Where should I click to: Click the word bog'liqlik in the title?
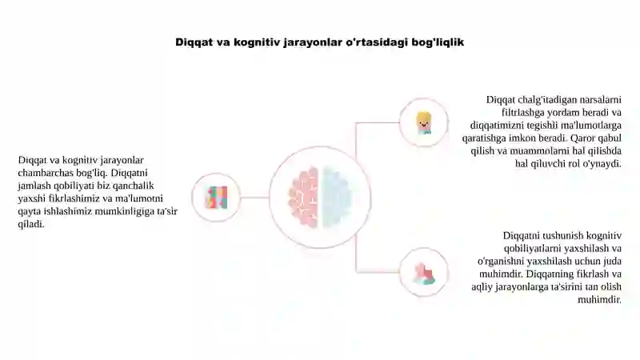pyautogui.click(x=438, y=42)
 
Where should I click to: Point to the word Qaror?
pyautogui.click(x=583, y=138)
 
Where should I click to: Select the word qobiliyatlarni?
pyautogui.click(x=532, y=249)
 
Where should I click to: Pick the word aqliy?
pyautogui.click(x=482, y=287)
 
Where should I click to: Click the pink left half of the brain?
pyautogui.click(x=303, y=197)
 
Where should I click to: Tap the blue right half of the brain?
pyautogui.click(x=337, y=197)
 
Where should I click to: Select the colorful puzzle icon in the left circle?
pyautogui.click(x=216, y=198)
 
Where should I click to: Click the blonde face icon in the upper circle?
pyautogui.click(x=424, y=122)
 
